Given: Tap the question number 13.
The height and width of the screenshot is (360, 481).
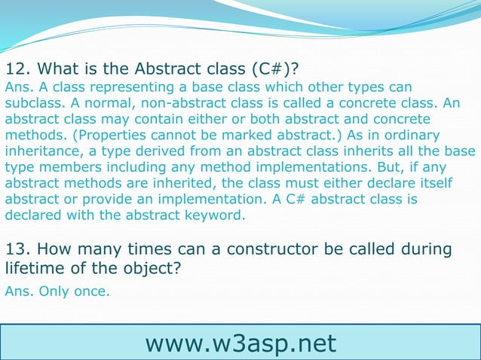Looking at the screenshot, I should pos(17,249).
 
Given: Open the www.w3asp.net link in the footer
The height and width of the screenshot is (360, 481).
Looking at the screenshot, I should pos(240,343).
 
